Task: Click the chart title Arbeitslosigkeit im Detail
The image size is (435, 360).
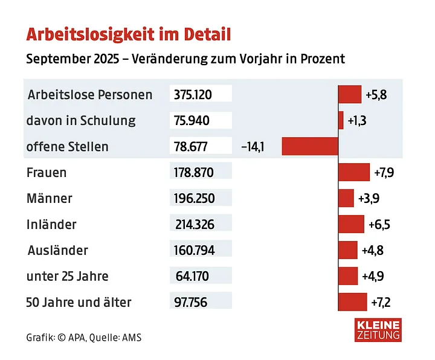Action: point(128,33)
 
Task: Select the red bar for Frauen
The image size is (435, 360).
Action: point(354,172)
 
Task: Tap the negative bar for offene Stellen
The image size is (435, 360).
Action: point(309,146)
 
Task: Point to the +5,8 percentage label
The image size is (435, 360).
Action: point(375,95)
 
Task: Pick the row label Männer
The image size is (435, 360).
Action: point(50,198)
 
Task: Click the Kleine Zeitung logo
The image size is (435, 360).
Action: point(379,330)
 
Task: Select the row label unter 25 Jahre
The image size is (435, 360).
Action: point(67,276)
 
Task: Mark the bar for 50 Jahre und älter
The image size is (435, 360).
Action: point(353,301)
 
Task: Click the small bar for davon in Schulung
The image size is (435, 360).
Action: point(341,120)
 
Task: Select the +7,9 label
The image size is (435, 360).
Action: point(384,173)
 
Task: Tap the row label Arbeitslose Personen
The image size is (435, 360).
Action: point(90,95)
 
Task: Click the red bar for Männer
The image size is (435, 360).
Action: point(346,198)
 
